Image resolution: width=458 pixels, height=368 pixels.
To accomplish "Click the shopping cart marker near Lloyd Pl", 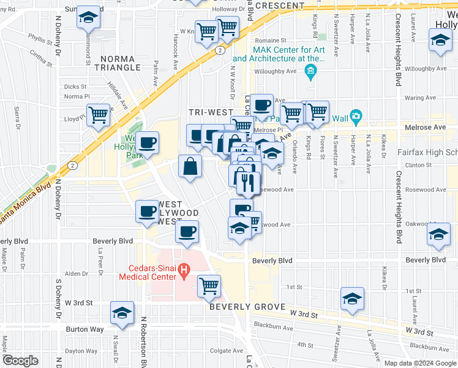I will pos(99,115).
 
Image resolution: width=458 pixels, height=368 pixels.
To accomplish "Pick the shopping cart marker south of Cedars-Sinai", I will pos(209,285).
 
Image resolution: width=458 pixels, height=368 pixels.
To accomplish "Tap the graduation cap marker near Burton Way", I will pos(122,313).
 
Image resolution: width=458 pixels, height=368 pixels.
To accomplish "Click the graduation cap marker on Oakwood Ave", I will pos(439,235).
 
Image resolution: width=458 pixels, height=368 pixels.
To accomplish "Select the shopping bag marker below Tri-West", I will pos(190,166).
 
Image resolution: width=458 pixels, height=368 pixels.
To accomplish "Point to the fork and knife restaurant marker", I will pos(248,182).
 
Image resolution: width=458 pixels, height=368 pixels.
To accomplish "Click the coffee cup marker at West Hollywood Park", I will pos(147,144).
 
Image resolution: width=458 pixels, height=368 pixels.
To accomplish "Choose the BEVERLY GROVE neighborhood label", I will pos(247,306).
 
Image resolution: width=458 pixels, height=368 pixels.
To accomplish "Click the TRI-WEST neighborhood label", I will pos(211,112).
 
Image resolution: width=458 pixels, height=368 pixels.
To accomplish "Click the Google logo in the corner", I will pos(20,361).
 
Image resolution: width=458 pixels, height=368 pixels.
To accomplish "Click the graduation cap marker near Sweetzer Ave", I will pos(352,299).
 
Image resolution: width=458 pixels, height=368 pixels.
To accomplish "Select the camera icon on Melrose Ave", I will pos(356,117).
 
